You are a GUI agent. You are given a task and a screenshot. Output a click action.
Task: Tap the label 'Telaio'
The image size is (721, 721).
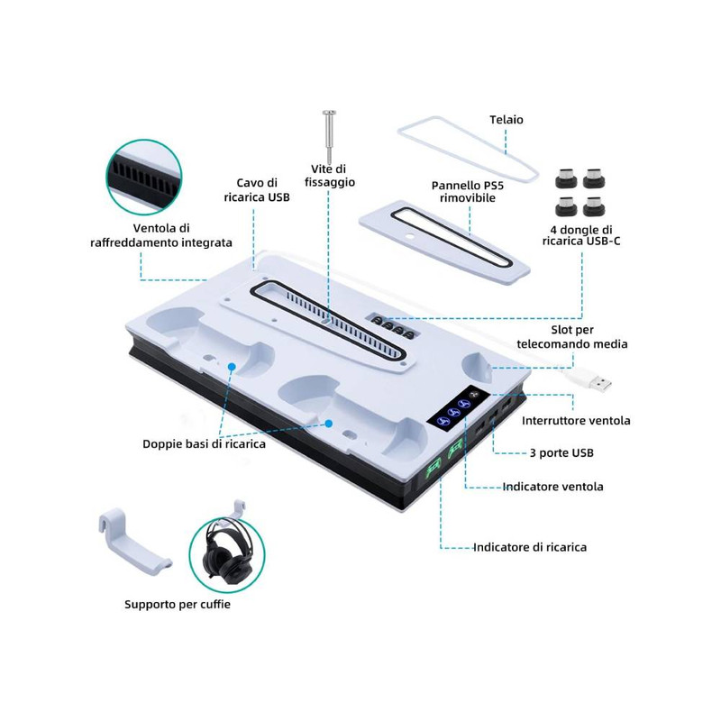click(507, 120)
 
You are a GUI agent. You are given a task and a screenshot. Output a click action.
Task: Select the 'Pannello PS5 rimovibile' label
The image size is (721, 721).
click(468, 192)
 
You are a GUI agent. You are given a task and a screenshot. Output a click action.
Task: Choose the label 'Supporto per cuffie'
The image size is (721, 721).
click(178, 604)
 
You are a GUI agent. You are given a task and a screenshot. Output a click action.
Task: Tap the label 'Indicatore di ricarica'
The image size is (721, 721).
click(530, 547)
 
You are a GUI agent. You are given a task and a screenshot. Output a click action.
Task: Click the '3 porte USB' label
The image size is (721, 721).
click(561, 453)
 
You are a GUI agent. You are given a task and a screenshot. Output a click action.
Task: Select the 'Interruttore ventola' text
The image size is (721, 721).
click(576, 420)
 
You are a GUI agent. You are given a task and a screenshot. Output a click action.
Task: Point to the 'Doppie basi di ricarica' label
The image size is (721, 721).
click(205, 443)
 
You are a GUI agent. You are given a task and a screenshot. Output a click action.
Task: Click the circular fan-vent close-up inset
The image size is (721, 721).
click(144, 178)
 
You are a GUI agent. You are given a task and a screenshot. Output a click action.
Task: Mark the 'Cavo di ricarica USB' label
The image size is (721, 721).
click(257, 190)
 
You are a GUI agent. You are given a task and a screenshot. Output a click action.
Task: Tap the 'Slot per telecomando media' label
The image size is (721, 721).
click(572, 336)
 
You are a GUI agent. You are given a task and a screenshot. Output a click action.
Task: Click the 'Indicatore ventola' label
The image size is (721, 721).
click(552, 487)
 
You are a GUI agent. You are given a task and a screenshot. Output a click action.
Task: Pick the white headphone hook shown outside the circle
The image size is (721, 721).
click(133, 536)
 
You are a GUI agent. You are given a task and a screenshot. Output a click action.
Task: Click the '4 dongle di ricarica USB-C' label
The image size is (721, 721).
click(581, 235)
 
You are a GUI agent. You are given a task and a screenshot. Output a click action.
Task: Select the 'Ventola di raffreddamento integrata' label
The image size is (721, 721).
click(161, 235)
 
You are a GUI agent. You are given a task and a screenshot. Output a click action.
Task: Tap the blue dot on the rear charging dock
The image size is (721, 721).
click(232, 367)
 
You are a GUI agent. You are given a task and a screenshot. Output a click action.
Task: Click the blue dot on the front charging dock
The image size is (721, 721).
click(329, 424)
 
